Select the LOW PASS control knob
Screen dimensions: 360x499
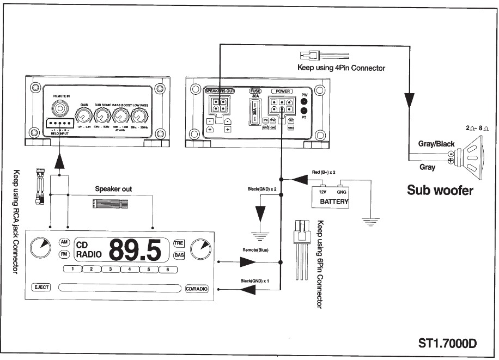click(x=139, y=115)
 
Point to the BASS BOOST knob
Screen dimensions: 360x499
click(x=121, y=115)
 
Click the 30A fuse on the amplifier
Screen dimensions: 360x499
click(x=255, y=115)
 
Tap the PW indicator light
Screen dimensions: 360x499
click(x=304, y=102)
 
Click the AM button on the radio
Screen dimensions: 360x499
click(x=64, y=242)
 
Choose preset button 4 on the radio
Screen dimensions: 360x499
click(x=129, y=269)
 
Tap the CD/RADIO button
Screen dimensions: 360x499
click(x=197, y=289)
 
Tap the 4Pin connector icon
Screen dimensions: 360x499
click(x=311, y=56)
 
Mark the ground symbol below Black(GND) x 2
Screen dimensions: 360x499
click(x=260, y=234)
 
